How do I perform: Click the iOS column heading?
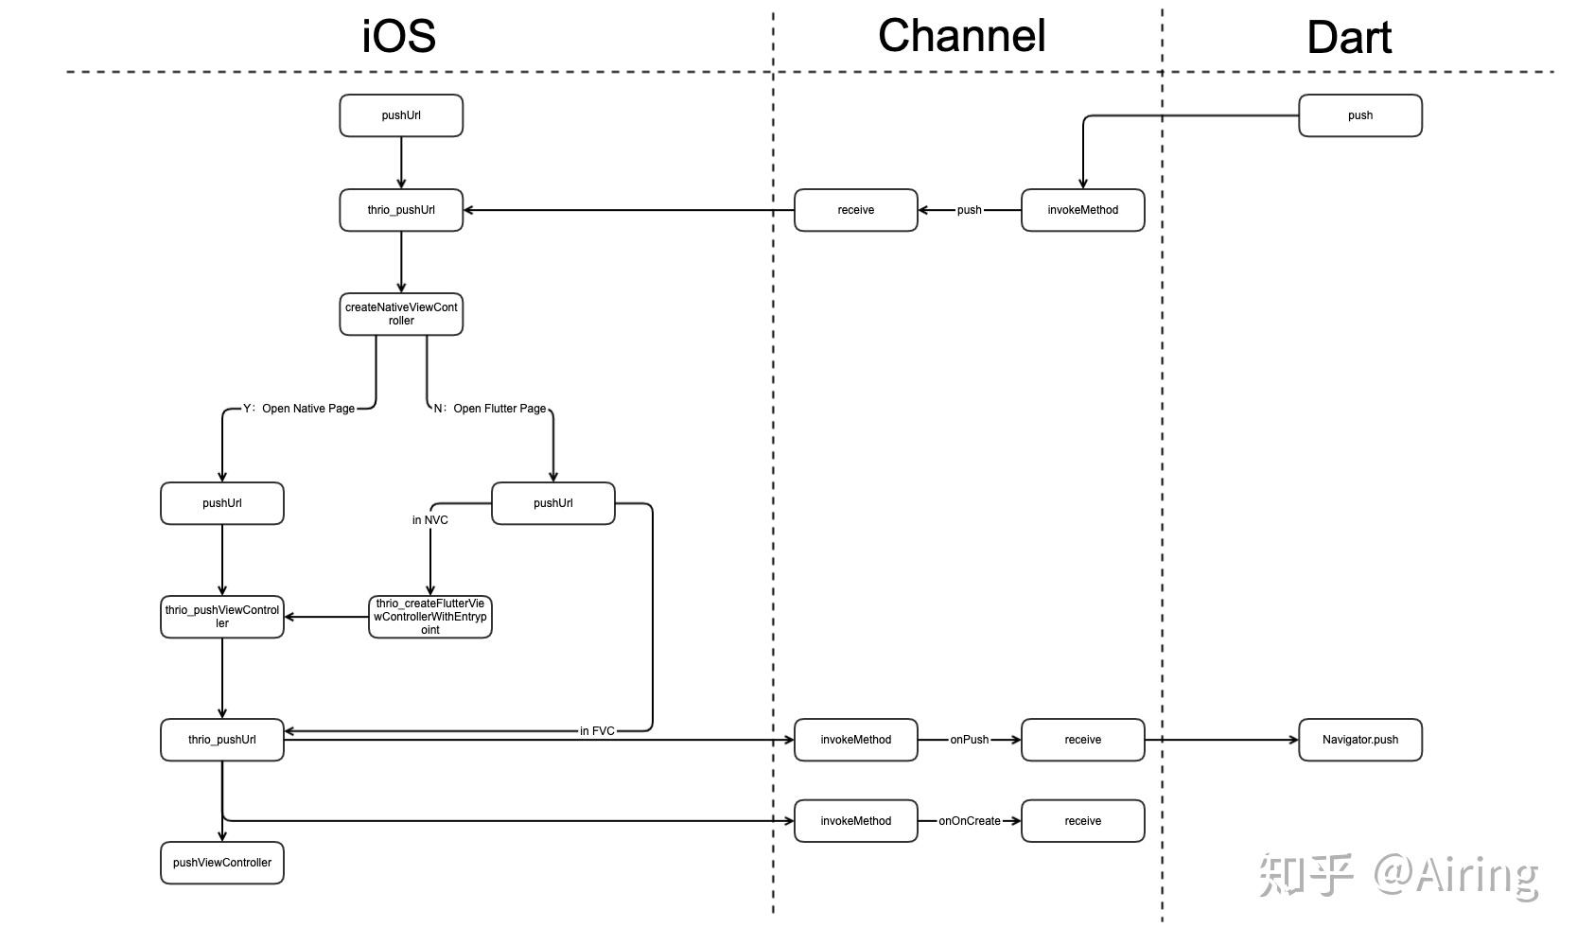399,36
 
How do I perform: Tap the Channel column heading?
961,36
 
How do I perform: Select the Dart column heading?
1348,38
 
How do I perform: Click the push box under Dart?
1359,115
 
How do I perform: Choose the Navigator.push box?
1359,740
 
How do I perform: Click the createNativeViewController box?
401,314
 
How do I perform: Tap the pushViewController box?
222,863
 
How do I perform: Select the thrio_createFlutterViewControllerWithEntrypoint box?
429,617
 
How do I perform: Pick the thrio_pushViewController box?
222,617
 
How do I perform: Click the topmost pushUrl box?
401,115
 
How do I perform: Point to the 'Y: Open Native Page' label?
299,409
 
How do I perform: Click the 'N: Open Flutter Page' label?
490,409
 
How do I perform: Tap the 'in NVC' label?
429,520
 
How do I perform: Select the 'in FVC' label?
597,731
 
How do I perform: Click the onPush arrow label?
969,740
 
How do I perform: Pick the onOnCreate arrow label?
969,821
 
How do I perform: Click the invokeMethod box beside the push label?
1082,210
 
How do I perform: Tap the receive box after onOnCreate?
1082,821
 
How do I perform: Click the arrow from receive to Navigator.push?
1220,740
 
